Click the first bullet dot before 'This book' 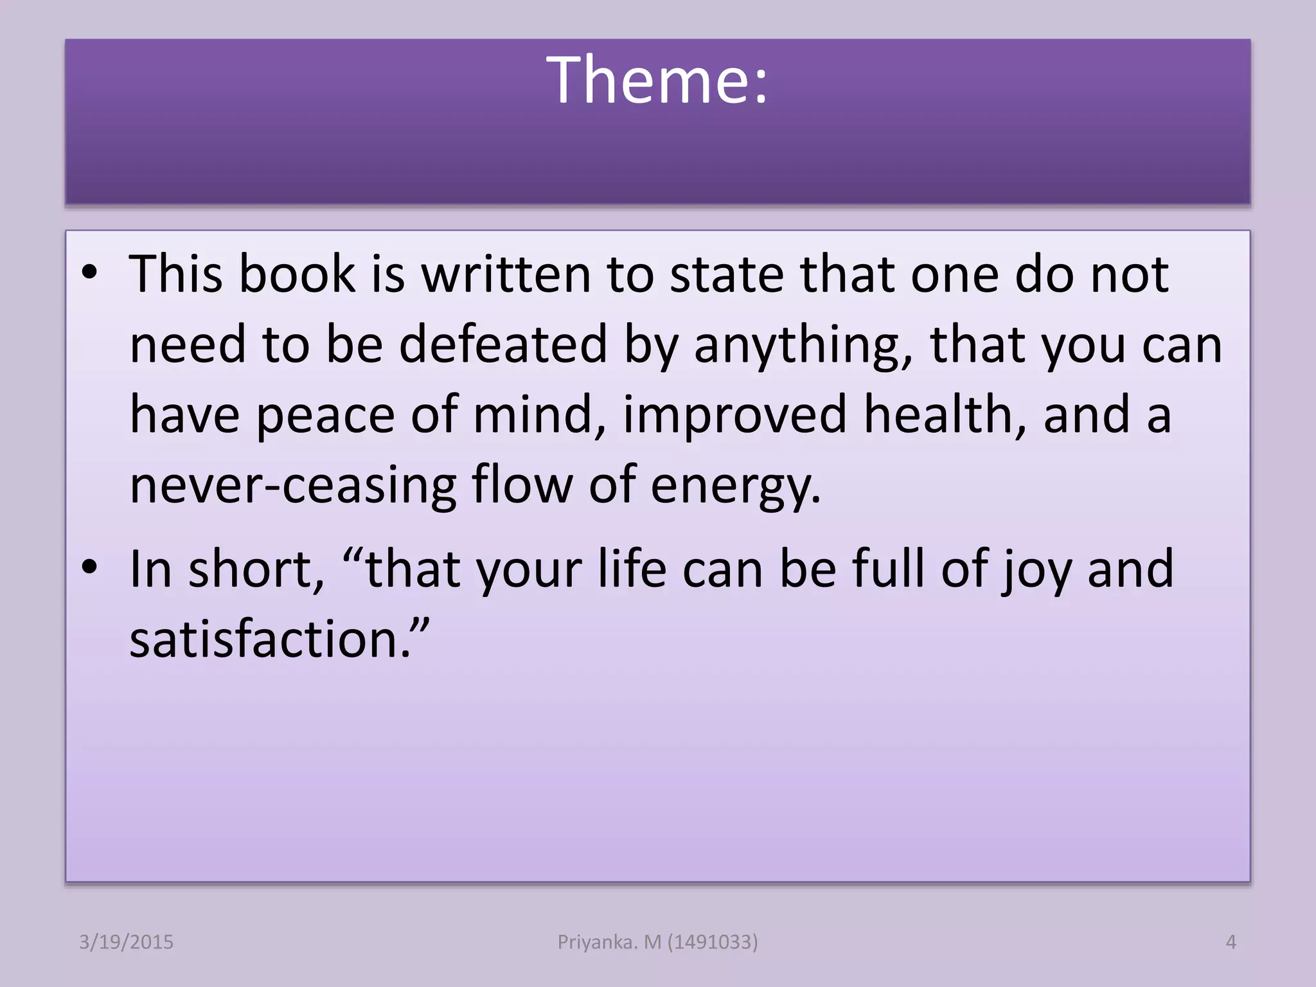[89, 272]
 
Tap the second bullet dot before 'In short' [89, 567]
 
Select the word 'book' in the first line [296, 274]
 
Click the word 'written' [506, 274]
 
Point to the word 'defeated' [502, 344]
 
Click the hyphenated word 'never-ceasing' [293, 485]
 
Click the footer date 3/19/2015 [126, 942]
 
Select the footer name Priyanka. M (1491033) [657, 942]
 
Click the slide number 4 [1231, 942]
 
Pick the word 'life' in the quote [632, 568]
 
